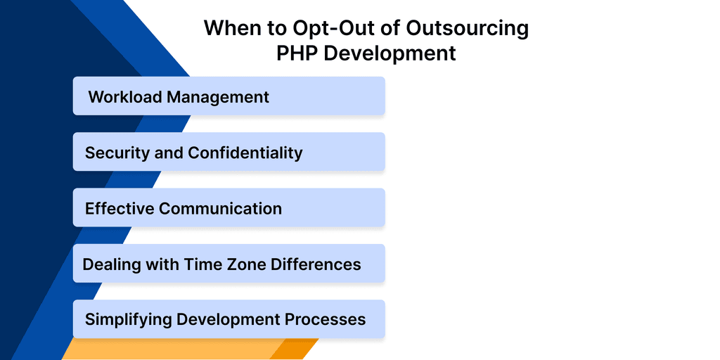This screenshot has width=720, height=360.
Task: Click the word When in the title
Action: coord(231,29)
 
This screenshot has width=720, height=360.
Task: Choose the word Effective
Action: coord(119,209)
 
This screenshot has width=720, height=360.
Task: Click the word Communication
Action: coord(220,209)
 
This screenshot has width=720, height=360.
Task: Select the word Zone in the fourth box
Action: coord(242,264)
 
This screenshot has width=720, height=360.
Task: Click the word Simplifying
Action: coord(128,320)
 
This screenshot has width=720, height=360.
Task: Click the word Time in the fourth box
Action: coord(202,264)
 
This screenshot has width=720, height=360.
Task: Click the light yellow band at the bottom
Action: coord(169,349)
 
